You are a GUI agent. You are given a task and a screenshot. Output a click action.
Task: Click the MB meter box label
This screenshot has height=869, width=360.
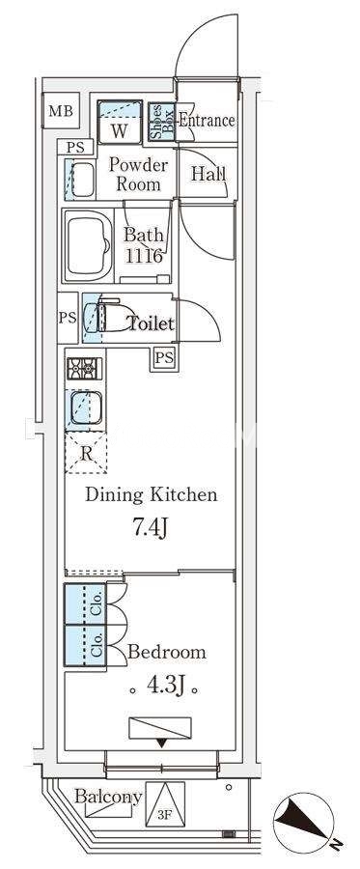click(61, 111)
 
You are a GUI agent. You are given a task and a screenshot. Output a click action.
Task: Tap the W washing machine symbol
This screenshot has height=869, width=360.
click(120, 123)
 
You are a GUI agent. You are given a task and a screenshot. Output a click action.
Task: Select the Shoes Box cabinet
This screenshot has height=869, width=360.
click(162, 122)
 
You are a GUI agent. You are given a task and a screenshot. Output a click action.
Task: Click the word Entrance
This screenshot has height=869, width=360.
click(207, 121)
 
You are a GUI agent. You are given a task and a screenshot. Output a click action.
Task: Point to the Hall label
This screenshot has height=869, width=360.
click(208, 174)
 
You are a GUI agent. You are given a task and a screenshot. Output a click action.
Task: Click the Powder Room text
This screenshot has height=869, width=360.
click(138, 174)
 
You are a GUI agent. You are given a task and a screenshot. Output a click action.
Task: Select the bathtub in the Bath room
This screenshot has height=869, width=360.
click(89, 245)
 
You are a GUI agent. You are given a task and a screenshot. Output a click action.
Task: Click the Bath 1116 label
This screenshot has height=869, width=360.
click(143, 244)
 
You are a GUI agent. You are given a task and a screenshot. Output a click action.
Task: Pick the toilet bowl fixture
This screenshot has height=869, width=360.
click(110, 316)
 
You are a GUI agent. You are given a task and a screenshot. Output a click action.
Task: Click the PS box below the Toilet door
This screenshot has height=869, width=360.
click(164, 358)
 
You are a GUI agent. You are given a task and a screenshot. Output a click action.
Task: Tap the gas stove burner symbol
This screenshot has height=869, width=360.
click(85, 369)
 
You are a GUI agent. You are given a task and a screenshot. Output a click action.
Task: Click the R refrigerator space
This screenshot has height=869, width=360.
click(86, 453)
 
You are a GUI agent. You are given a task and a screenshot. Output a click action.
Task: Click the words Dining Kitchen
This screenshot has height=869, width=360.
click(151, 494)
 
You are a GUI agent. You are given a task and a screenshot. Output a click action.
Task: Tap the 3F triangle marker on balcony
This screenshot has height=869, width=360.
click(164, 803)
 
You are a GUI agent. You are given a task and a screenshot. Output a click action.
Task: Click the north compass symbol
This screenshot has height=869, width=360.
click(303, 823)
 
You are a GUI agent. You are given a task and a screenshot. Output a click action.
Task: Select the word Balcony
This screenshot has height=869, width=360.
click(108, 798)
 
